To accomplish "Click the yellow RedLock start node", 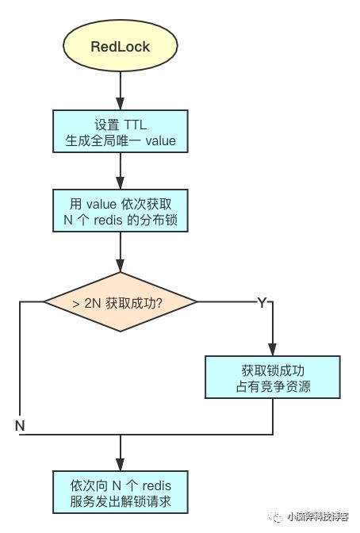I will pos(121,46).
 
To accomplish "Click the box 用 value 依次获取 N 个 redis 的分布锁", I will pos(121,210).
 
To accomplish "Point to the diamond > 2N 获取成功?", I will pos(121,301).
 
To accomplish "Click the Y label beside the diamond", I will pos(262,304).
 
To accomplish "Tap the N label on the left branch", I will pos(21,426).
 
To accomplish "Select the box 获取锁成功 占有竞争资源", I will pos(274,378).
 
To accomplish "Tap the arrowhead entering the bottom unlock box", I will pos(121,466).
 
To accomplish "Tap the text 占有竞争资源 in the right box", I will pos(274,386).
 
